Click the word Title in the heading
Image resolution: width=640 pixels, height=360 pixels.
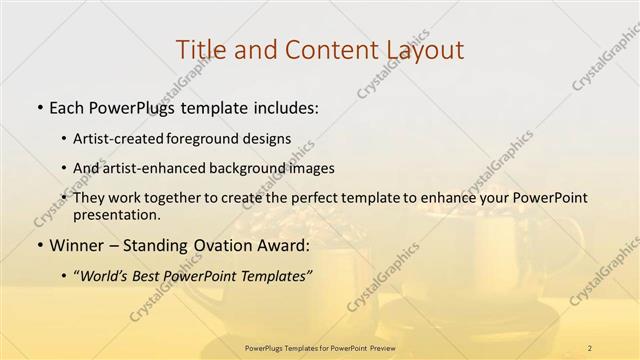(199, 49)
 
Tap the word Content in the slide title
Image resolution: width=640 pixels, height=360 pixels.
(324, 49)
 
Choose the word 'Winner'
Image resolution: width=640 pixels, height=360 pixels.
(75, 244)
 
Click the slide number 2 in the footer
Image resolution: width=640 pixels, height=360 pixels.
(590, 347)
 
